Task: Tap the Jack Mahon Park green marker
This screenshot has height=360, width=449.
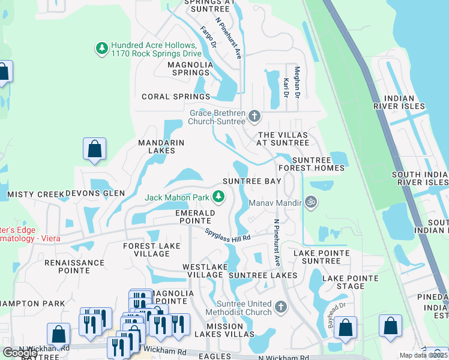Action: coord(220,196)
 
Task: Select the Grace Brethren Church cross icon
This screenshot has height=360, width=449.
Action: coord(255,115)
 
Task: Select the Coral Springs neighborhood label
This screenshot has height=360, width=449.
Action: coord(176,97)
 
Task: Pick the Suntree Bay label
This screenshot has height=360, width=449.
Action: coord(252,181)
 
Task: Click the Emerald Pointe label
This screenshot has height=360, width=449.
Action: coord(195,217)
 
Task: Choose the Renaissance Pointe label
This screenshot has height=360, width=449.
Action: coord(74,266)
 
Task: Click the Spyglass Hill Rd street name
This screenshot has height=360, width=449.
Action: coord(227,235)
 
